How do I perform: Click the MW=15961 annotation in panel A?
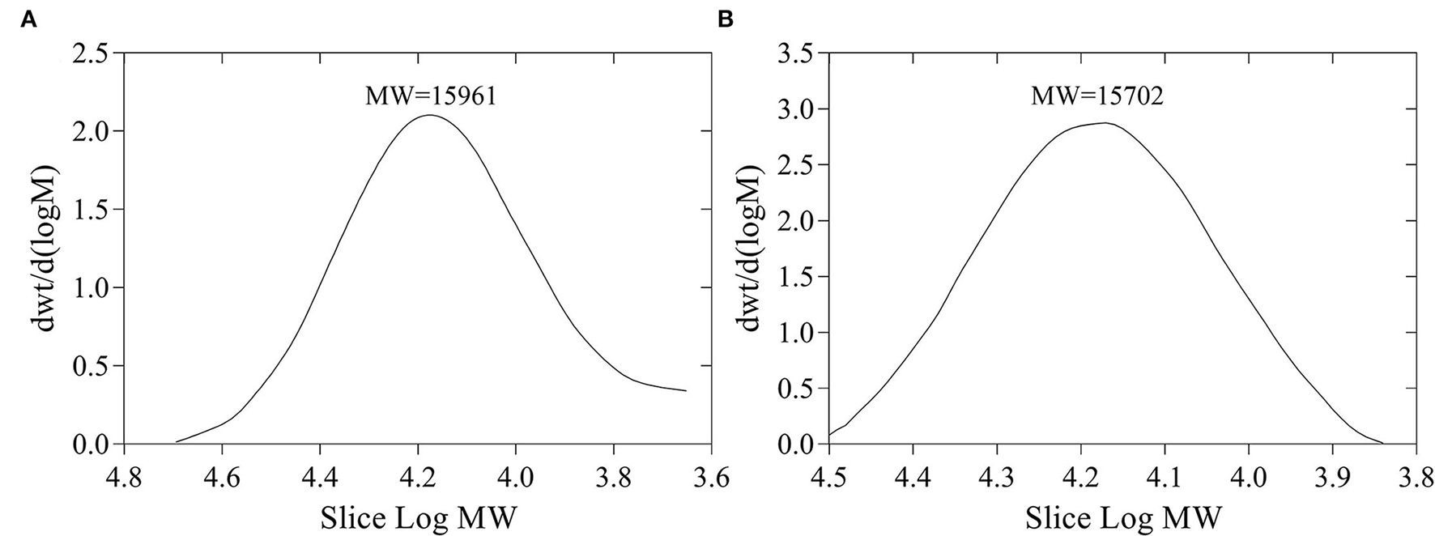coord(430,97)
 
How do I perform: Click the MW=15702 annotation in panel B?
coord(1097,97)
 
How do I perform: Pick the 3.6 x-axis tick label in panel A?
coord(711,478)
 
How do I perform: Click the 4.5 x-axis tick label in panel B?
coord(828,478)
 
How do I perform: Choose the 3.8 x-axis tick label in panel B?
coord(1416,478)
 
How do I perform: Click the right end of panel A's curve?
coord(686,391)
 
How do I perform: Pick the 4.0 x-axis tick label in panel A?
coord(515,478)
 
